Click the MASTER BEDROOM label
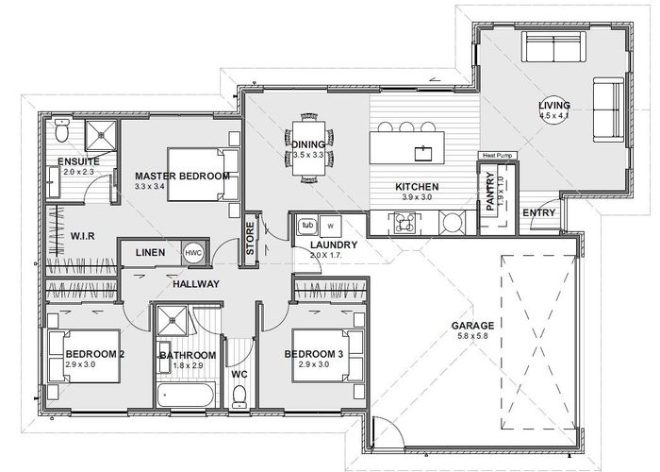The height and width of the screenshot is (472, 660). tap(182, 177)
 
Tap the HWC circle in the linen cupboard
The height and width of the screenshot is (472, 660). tap(193, 253)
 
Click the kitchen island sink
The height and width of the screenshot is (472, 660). tap(424, 149)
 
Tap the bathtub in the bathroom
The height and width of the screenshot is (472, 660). tap(187, 395)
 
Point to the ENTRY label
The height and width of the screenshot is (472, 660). tap(538, 212)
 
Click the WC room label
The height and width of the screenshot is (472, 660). tap(239, 374)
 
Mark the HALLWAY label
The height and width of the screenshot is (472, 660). tap(195, 283)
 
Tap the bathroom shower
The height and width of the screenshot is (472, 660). tap(173, 321)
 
